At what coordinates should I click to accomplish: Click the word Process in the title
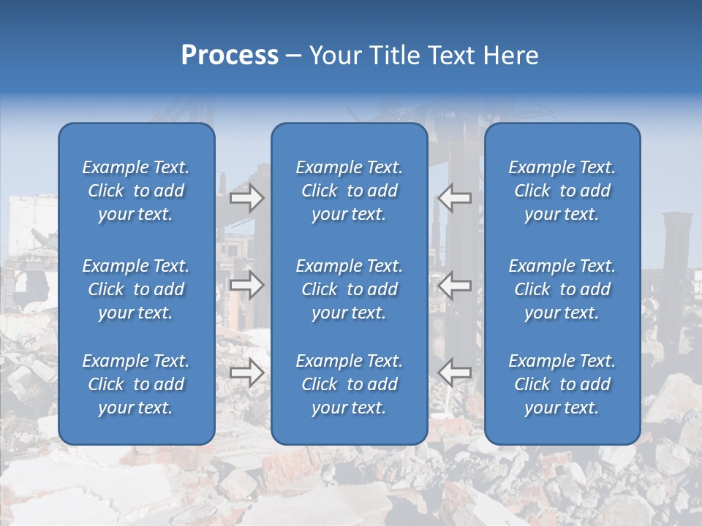click(x=230, y=56)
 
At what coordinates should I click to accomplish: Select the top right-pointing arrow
click(x=247, y=198)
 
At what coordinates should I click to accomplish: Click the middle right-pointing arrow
click(x=247, y=285)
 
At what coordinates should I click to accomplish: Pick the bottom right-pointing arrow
click(x=247, y=373)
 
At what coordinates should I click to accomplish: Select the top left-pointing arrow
click(x=455, y=197)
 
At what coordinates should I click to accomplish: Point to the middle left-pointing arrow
click(x=455, y=285)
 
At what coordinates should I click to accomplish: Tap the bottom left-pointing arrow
click(x=455, y=372)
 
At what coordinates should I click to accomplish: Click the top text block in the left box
click(x=136, y=191)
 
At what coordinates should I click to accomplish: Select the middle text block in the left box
click(x=136, y=289)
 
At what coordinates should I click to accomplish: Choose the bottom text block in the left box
click(x=136, y=384)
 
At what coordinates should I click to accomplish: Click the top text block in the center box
click(x=350, y=191)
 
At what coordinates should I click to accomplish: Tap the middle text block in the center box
click(x=350, y=289)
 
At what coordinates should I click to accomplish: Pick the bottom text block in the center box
click(x=350, y=384)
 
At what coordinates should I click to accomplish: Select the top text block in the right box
click(x=562, y=191)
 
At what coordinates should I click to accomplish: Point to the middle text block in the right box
click(x=562, y=289)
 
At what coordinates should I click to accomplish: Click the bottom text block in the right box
click(x=562, y=384)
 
